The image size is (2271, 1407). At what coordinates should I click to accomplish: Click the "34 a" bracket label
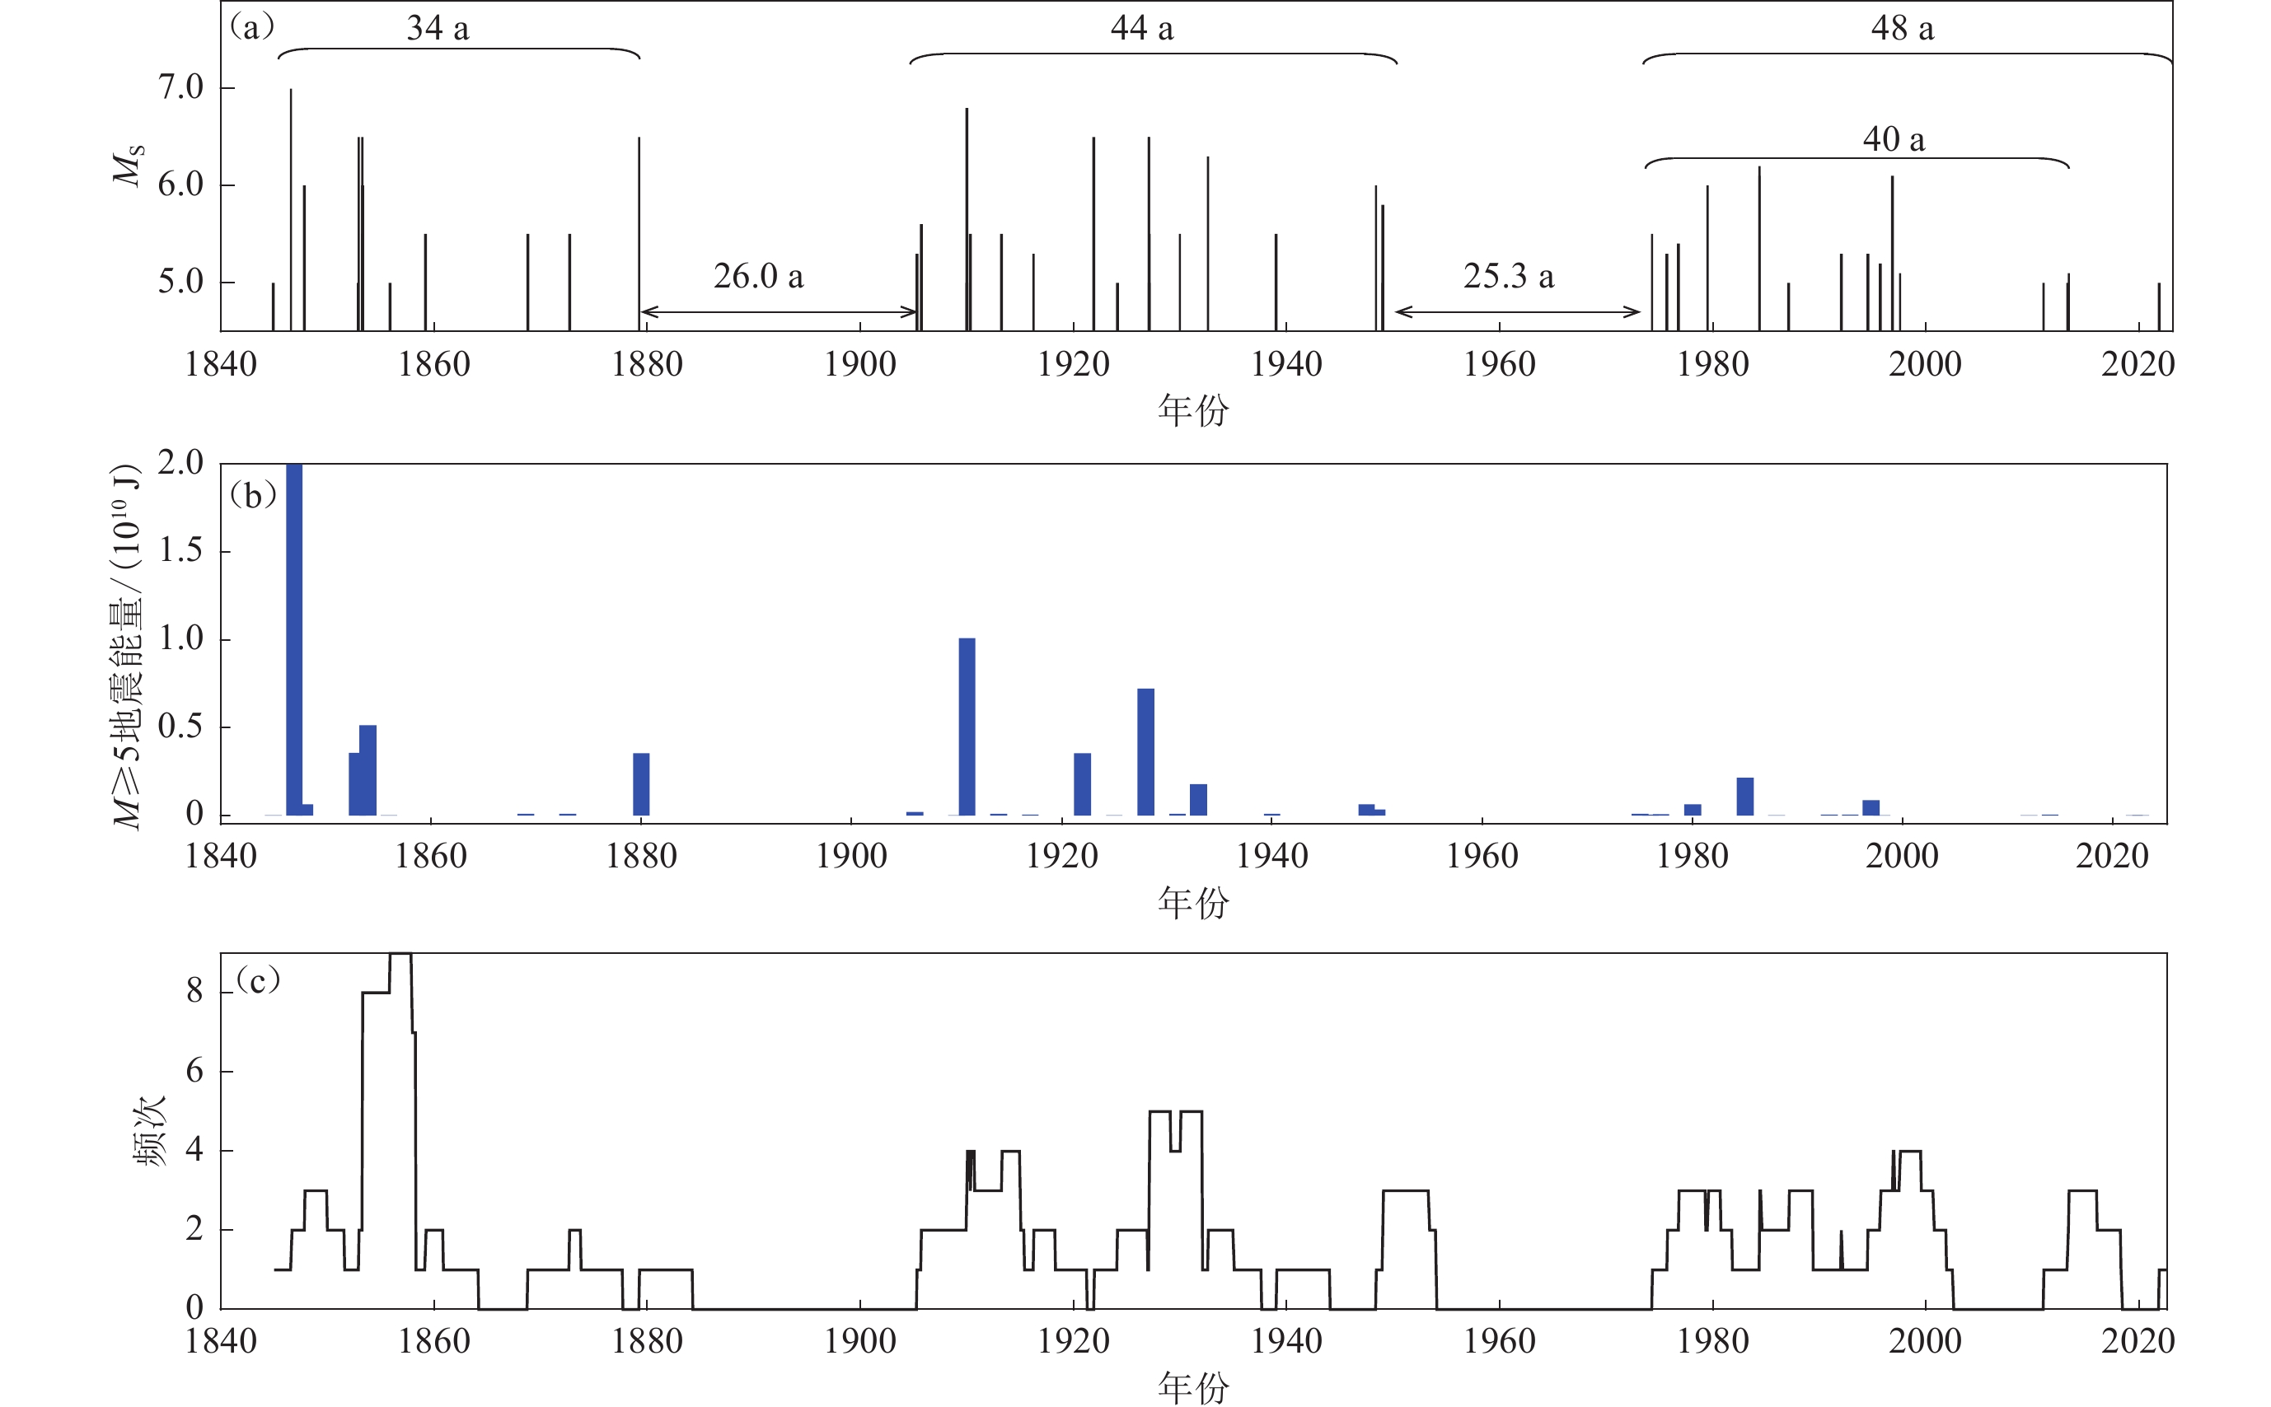[438, 29]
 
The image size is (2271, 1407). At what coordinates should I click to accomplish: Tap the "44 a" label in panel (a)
[1142, 29]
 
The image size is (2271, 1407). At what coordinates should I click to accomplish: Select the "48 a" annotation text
[1903, 29]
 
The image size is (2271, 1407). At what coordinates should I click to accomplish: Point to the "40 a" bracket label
[1893, 139]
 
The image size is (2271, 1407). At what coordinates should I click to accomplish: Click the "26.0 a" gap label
[757, 277]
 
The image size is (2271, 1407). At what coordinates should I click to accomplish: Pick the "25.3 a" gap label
[1508, 277]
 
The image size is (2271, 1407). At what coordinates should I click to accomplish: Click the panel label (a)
[251, 27]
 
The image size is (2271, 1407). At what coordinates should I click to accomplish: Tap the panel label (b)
[253, 495]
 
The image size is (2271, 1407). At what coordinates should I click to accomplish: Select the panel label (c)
[257, 980]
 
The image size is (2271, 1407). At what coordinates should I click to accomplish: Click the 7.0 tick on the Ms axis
[180, 87]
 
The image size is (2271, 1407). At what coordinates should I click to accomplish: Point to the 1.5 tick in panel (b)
[180, 551]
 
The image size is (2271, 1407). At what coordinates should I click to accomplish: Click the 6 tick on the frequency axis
[194, 1071]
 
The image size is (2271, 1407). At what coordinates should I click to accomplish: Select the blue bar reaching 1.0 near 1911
[967, 727]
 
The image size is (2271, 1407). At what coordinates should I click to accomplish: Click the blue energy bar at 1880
[641, 784]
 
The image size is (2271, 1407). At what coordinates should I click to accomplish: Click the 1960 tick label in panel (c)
[1500, 1342]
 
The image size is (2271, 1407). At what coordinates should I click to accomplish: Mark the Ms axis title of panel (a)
[129, 165]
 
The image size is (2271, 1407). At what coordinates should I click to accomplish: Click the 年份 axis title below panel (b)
[1193, 903]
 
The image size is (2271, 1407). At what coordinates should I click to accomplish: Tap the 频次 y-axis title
[150, 1130]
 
